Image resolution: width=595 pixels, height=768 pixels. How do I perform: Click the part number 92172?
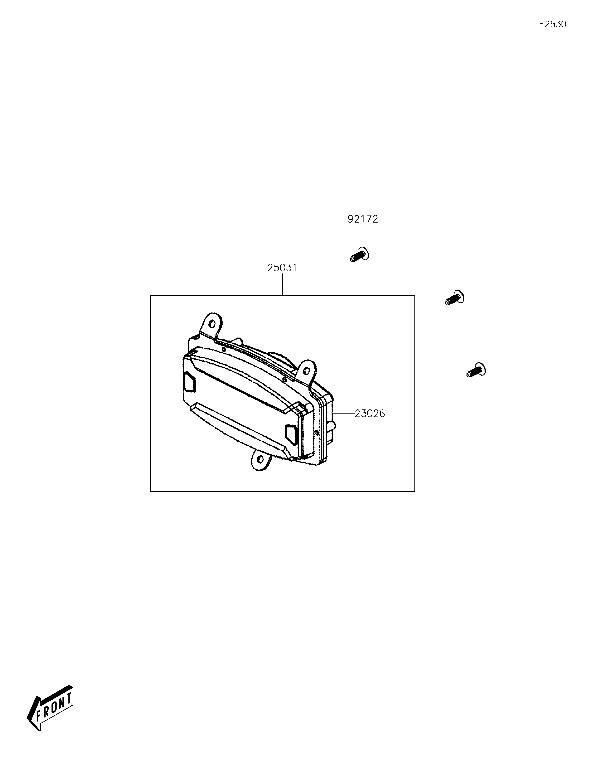[x=363, y=219]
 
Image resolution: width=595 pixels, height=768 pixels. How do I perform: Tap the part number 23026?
[x=370, y=414]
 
